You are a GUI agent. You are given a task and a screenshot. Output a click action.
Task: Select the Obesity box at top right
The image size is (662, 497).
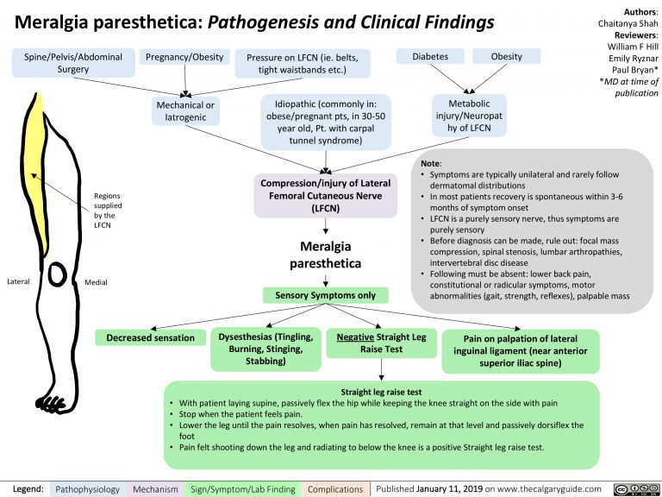pyautogui.click(x=506, y=57)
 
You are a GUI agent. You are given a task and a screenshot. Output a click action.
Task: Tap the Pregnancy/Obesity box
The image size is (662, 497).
pyautogui.click(x=185, y=57)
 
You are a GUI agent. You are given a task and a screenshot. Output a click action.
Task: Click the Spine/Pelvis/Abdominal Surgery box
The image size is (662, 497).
pyautogui.click(x=72, y=63)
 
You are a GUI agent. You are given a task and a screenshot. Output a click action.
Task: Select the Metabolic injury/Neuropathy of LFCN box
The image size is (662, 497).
pyautogui.click(x=471, y=112)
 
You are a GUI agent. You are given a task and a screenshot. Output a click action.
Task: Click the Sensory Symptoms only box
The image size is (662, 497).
pyautogui.click(x=325, y=296)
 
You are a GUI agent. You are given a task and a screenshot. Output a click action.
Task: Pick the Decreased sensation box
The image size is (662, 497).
pyautogui.click(x=150, y=337)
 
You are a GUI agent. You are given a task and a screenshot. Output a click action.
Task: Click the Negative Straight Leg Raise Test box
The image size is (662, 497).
pyautogui.click(x=381, y=343)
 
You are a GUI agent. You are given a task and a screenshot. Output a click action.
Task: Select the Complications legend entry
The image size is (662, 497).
pyautogui.click(x=334, y=488)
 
